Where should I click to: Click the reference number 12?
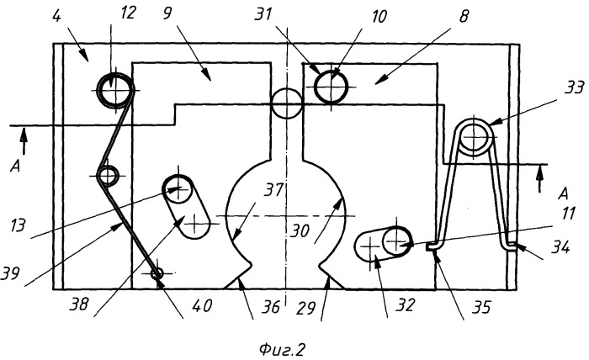[128, 13]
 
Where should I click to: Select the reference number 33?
[574, 87]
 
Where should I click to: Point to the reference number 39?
[10, 273]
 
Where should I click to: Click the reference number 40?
[202, 304]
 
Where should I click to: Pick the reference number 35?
[480, 307]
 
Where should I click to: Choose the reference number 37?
[273, 190]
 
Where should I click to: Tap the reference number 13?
[18, 225]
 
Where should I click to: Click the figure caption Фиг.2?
[281, 350]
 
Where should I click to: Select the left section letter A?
[15, 167]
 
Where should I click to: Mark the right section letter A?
[563, 193]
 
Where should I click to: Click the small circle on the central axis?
[287, 103]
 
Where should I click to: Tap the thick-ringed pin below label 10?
[331, 87]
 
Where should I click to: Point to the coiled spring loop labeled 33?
[475, 137]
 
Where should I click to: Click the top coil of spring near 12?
[115, 91]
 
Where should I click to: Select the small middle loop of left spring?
[108, 175]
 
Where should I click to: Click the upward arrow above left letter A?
[24, 140]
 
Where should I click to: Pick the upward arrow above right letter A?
[540, 178]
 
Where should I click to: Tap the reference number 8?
[464, 17]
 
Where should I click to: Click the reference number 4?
[57, 17]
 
